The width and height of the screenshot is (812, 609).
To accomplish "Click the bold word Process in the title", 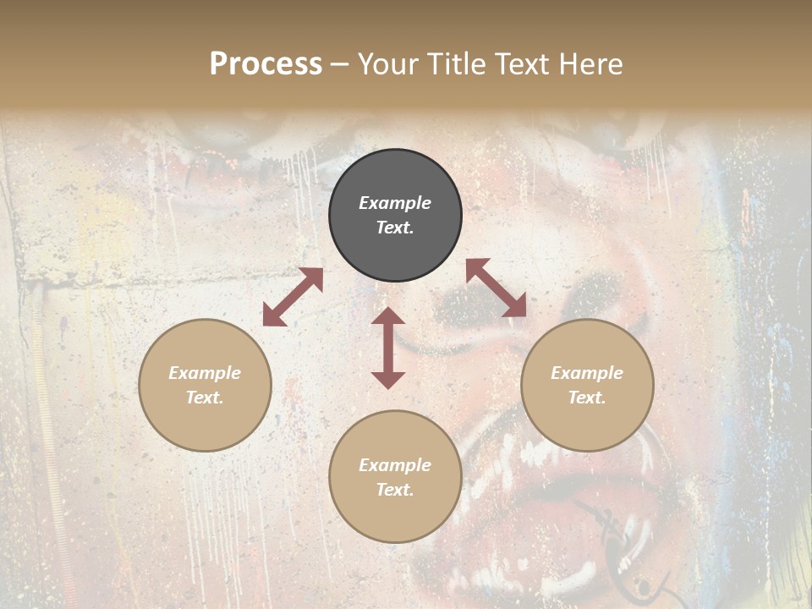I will coord(266,64).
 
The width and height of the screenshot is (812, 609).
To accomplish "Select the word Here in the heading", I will coord(591,64).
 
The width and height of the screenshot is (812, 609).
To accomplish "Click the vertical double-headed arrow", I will coord(388,348).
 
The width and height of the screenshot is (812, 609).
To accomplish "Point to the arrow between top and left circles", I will coord(293,297).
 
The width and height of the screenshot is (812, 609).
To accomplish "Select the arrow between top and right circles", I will coord(497,288).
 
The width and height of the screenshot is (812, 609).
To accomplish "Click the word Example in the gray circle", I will coord(395,203).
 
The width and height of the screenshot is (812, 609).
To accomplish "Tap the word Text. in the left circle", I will coord(205,398).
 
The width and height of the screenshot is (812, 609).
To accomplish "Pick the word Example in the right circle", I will coord(587,373).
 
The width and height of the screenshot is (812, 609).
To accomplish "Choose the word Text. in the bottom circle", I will coord(395,490).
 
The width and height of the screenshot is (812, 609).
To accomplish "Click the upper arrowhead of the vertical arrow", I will coord(388,316).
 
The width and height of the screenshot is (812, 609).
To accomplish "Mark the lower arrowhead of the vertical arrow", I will coord(388,380).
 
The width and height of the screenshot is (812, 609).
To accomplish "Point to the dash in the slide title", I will coord(340,64).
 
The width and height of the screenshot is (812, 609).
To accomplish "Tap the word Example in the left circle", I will coord(205,373).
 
